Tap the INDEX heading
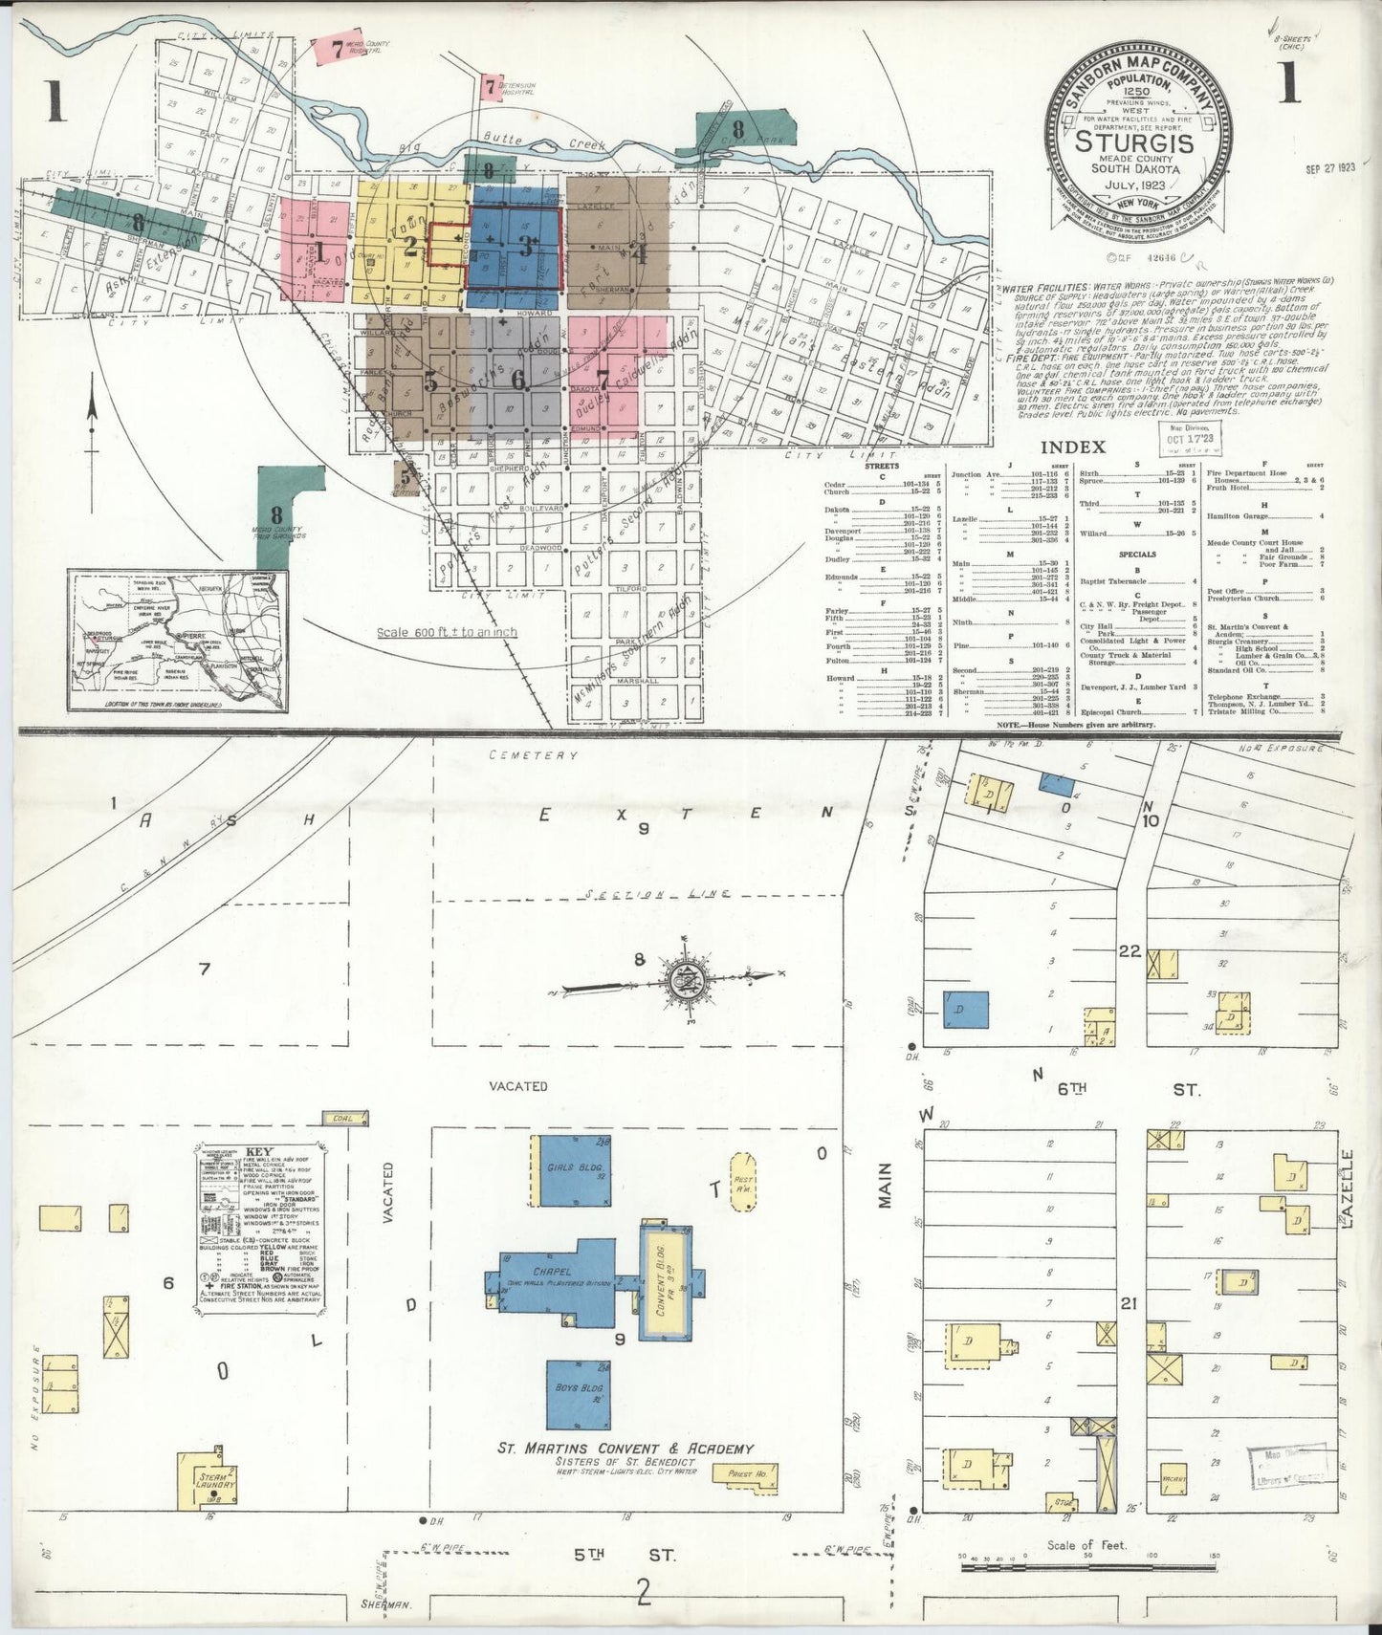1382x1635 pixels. click(x=1072, y=447)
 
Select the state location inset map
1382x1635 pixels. click(x=178, y=640)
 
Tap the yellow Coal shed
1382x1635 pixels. click(x=340, y=1117)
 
